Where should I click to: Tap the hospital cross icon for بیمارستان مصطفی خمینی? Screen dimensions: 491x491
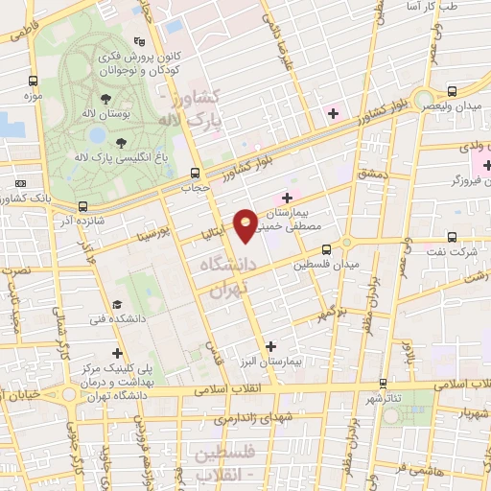pos(287,198)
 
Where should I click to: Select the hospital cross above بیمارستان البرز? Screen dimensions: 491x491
pos(270,346)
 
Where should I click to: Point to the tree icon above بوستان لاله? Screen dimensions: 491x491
pos(105,98)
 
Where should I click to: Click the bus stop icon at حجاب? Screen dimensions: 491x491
pos(196,174)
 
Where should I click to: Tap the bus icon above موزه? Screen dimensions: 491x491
pos(35,82)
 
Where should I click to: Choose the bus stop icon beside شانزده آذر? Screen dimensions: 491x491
pos(83,206)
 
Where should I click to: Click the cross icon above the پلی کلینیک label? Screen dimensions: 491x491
pos(117,353)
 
